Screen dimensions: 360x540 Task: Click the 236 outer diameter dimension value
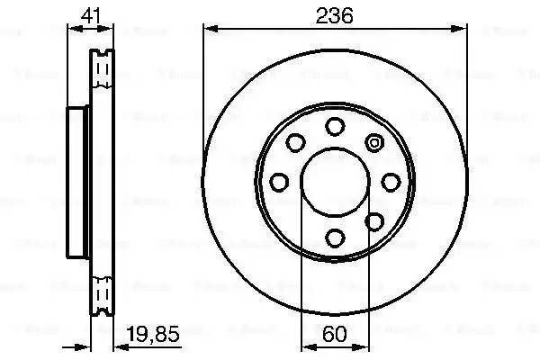click(x=335, y=15)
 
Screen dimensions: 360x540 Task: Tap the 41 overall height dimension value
click(x=88, y=14)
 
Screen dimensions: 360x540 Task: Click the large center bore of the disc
click(x=335, y=182)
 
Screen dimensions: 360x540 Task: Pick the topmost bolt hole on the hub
click(x=335, y=125)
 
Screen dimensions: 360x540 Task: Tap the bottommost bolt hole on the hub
click(x=335, y=238)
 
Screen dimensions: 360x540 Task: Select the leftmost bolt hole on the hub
click(x=279, y=182)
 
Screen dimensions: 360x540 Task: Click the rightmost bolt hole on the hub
click(x=391, y=182)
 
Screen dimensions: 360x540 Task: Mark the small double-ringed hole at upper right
click(x=374, y=141)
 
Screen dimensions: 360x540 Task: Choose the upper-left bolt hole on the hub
click(x=295, y=142)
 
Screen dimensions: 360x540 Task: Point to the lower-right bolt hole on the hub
click(x=374, y=221)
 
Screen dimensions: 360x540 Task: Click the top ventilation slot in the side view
click(x=103, y=67)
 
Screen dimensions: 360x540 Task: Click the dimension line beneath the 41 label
click(x=90, y=29)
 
